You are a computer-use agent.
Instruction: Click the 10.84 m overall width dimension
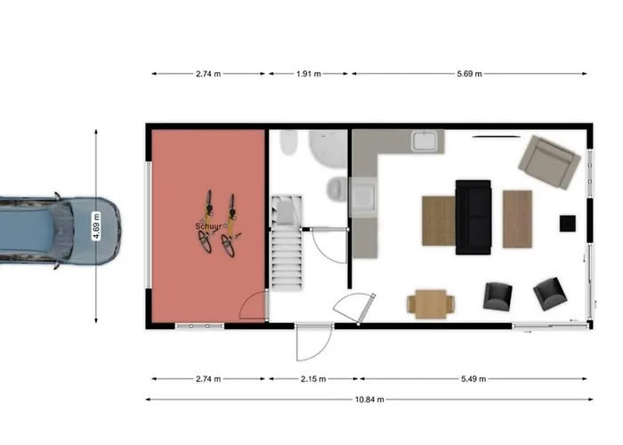click(369, 400)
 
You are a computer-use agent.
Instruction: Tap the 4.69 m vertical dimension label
click(96, 226)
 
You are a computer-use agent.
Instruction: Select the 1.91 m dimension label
click(309, 74)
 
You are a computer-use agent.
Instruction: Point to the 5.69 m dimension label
click(469, 74)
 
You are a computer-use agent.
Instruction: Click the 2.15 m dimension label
click(313, 378)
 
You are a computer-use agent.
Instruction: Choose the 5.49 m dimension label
click(473, 378)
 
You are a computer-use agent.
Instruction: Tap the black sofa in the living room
click(473, 217)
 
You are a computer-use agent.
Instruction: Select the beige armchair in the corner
click(549, 162)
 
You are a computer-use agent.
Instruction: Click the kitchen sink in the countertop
click(425, 141)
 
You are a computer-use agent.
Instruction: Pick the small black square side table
click(568, 223)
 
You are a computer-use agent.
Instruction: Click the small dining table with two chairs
click(431, 304)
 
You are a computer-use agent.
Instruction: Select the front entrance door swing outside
click(314, 343)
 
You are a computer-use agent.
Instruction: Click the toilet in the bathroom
click(337, 189)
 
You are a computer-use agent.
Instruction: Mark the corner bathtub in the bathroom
click(328, 148)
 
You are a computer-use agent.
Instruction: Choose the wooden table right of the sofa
click(517, 219)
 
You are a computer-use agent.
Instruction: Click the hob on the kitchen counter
click(363, 197)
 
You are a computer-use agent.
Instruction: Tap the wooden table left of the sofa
click(439, 221)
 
